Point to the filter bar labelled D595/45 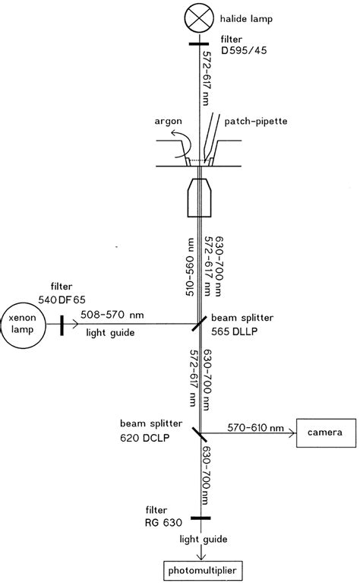click(x=200, y=43)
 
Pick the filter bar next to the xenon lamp click(x=60, y=325)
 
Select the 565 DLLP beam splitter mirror click(x=200, y=325)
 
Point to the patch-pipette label click(x=258, y=121)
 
